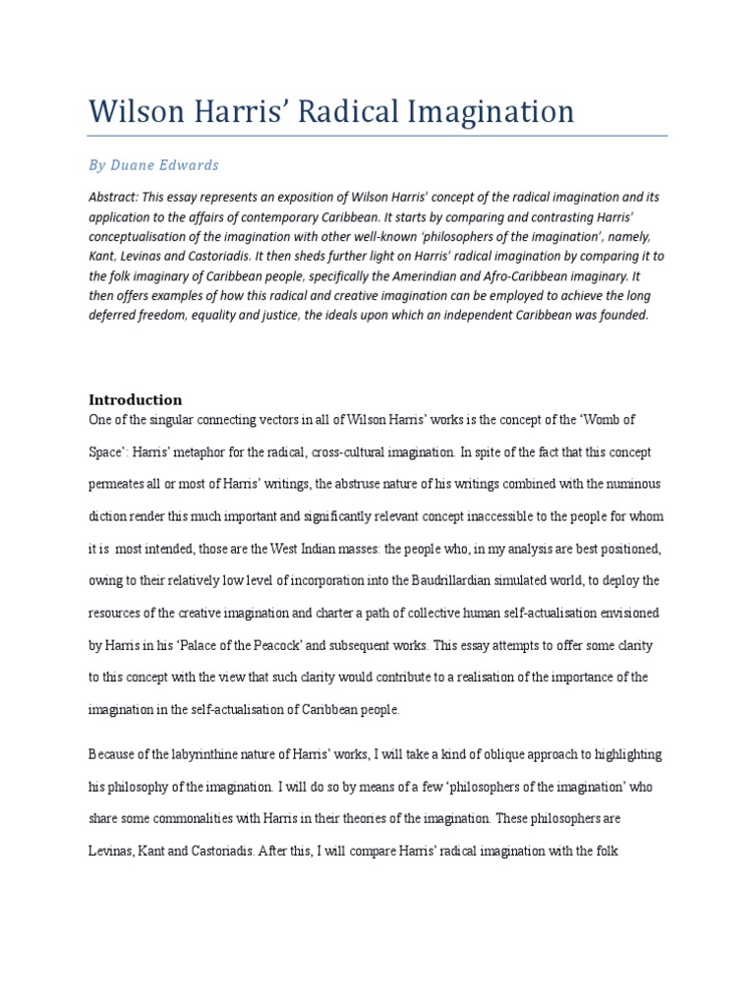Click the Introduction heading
[136, 399]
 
